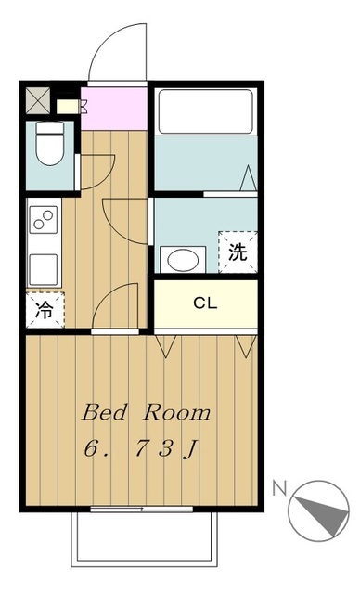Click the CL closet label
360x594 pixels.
click(205, 303)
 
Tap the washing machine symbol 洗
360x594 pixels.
click(238, 252)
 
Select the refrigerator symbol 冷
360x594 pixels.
click(44, 310)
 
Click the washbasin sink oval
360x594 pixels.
click(181, 259)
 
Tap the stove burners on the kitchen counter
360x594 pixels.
click(43, 221)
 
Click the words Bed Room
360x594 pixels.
click(146, 411)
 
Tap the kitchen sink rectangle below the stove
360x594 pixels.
click(43, 268)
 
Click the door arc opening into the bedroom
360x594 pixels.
click(117, 306)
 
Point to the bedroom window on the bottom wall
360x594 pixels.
click(142, 509)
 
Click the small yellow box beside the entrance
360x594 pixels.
click(68, 105)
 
